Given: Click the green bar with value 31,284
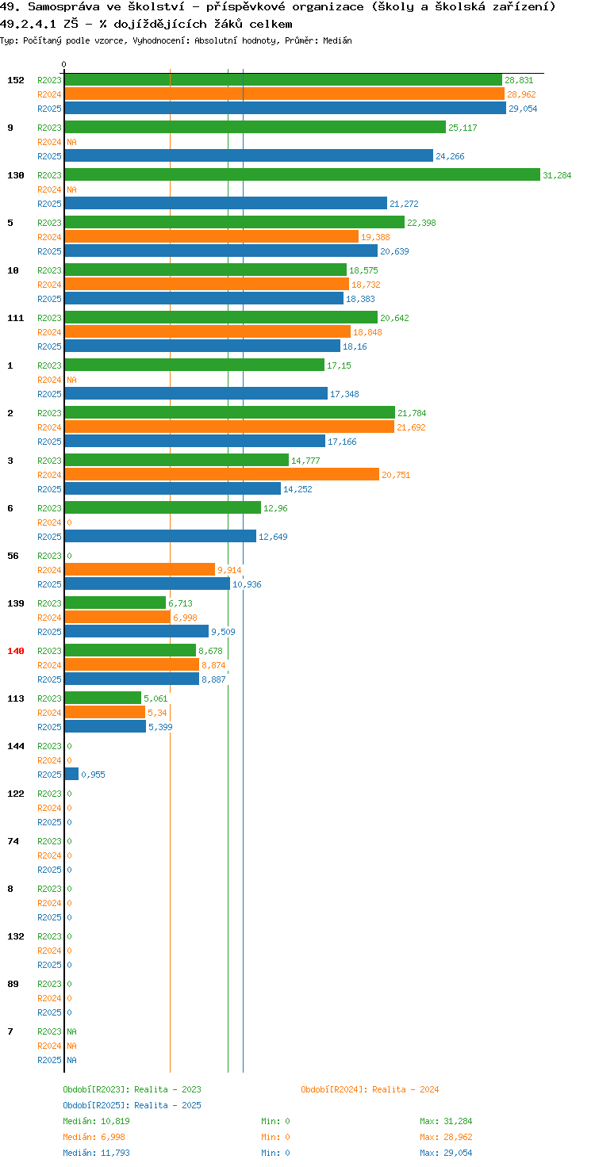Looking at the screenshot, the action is tap(302, 175).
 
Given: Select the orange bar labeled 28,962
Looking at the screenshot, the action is tap(285, 94).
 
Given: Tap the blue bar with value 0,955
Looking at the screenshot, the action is tap(71, 775).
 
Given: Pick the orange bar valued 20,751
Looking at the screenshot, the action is tap(221, 475).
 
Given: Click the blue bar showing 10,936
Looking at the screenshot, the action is tap(147, 584).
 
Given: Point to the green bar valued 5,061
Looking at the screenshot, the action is tap(102, 698).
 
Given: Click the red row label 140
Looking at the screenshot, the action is tap(16, 651).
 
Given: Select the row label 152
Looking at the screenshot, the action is tap(16, 80).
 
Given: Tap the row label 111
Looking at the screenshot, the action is tap(16, 318).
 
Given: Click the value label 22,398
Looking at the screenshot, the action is tap(421, 223).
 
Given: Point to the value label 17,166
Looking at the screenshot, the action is tap(342, 442).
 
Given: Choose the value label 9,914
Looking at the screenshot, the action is tap(229, 571).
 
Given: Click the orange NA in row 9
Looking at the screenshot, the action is tap(71, 142).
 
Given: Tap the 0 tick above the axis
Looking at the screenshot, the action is tap(63, 64).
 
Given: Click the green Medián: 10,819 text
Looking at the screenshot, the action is tap(96, 1121).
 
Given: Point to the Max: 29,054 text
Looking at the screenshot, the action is tap(446, 1153).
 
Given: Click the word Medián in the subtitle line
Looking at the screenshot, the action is tap(337, 40).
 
